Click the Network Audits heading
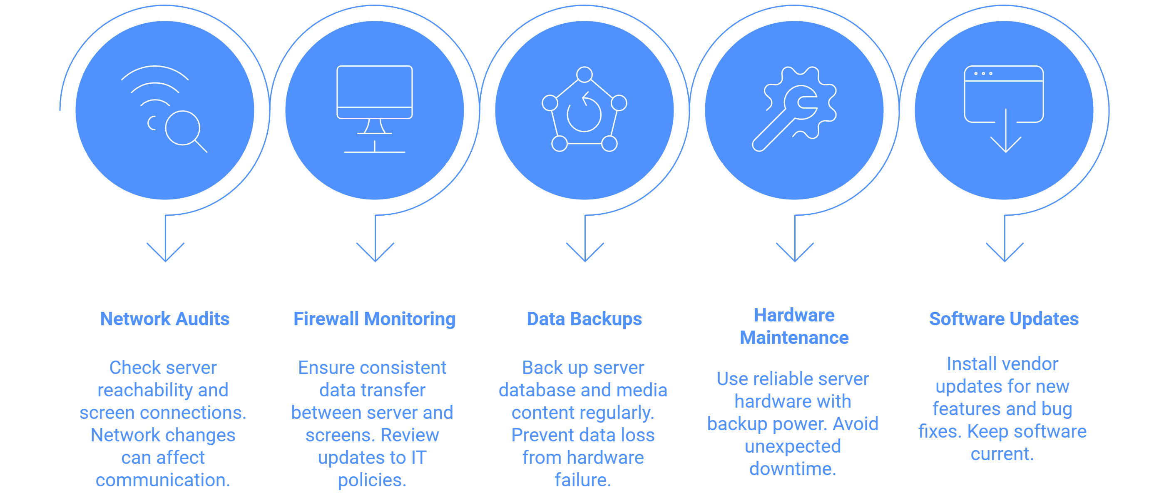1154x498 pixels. tap(164, 319)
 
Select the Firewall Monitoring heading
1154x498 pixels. tap(375, 319)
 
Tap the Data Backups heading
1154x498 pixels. tap(584, 319)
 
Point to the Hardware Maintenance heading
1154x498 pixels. tap(794, 326)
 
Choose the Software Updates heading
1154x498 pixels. tap(1004, 319)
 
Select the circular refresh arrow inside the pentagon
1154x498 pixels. tap(584, 112)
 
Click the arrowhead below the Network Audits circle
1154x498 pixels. tap(165, 252)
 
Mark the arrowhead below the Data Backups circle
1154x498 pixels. tap(585, 252)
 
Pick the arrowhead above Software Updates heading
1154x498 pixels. tap(1005, 252)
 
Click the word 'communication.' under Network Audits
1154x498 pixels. tap(163, 480)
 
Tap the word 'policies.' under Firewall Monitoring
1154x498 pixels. tap(372, 481)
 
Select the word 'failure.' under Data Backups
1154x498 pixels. tap(583, 480)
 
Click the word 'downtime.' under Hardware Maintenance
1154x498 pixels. tap(793, 469)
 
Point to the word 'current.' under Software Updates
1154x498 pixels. tap(1002, 454)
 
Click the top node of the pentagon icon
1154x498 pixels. tap(584, 75)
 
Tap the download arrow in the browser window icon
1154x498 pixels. tap(1006, 130)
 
